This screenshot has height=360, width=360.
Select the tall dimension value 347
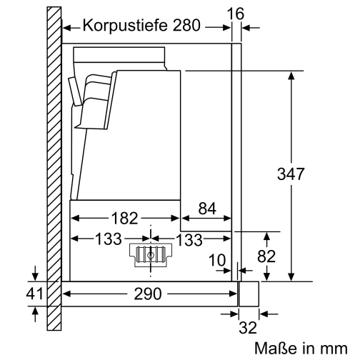[291, 174]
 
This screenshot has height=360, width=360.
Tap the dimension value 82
[267, 256]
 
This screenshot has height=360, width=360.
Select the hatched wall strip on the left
[53, 171]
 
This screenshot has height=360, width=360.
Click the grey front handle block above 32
[248, 293]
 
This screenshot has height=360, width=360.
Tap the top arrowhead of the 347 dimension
[291, 74]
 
